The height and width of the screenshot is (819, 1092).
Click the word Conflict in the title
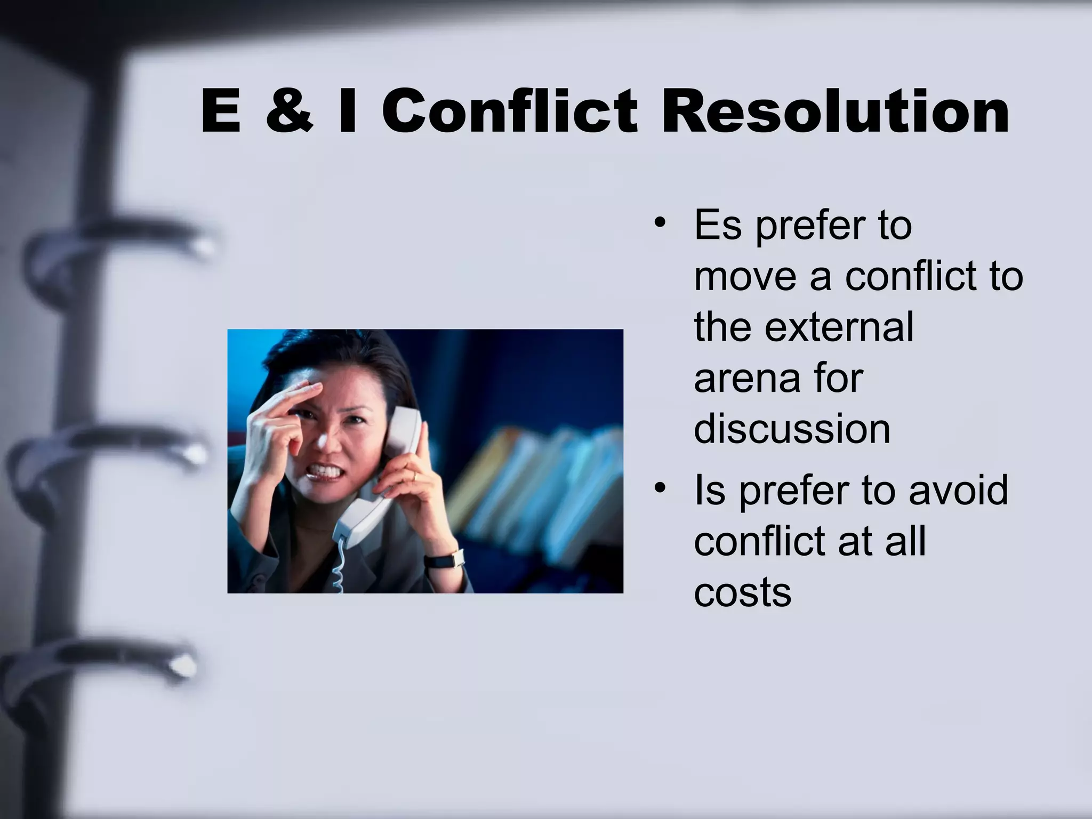pos(509,111)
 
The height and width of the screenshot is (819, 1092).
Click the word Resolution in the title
pos(835,111)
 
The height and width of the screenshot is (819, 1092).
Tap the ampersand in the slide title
pos(290,111)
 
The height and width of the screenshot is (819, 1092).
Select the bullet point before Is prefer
pos(661,487)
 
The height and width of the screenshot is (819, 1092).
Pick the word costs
pos(742,592)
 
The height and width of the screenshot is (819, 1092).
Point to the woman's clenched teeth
pos(325,471)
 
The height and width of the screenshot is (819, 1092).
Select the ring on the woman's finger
pos(414,475)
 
